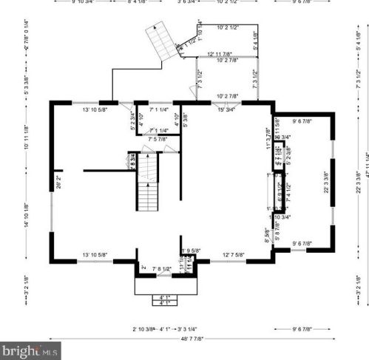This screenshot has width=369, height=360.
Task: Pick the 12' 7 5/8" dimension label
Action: click(x=234, y=255)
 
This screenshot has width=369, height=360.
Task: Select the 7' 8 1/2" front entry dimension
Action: click(x=161, y=268)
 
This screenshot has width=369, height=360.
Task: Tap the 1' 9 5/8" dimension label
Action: click(x=190, y=251)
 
